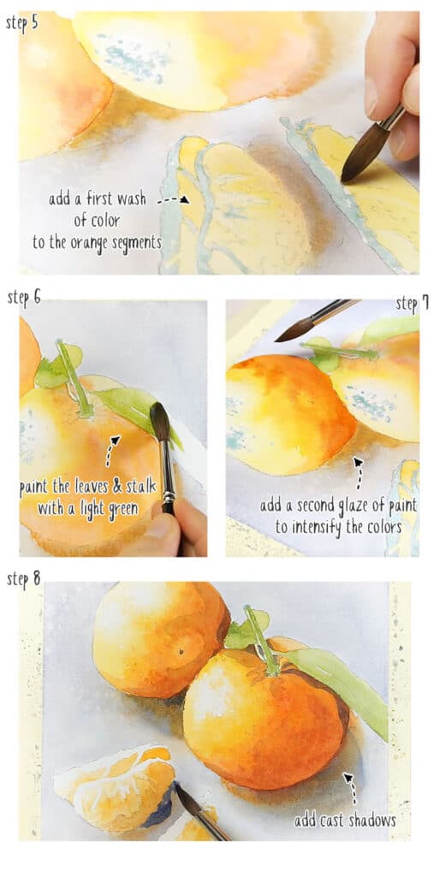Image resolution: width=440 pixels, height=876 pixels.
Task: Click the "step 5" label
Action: [x=22, y=23]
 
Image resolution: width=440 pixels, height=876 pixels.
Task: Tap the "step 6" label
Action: [x=24, y=298]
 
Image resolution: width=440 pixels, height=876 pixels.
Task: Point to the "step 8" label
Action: [x=24, y=580]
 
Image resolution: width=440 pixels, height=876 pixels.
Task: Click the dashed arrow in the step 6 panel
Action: [x=112, y=448]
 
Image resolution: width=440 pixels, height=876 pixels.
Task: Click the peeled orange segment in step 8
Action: [x=116, y=787]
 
